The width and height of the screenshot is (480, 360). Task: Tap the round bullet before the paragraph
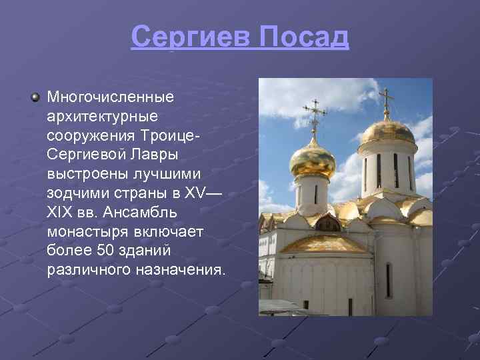tap(35, 98)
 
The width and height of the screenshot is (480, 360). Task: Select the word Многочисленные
tap(110, 97)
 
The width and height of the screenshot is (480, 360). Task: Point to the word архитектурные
tap(102, 117)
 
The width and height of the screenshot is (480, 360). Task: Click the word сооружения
tap(91, 136)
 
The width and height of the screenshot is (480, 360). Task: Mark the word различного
tap(89, 270)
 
